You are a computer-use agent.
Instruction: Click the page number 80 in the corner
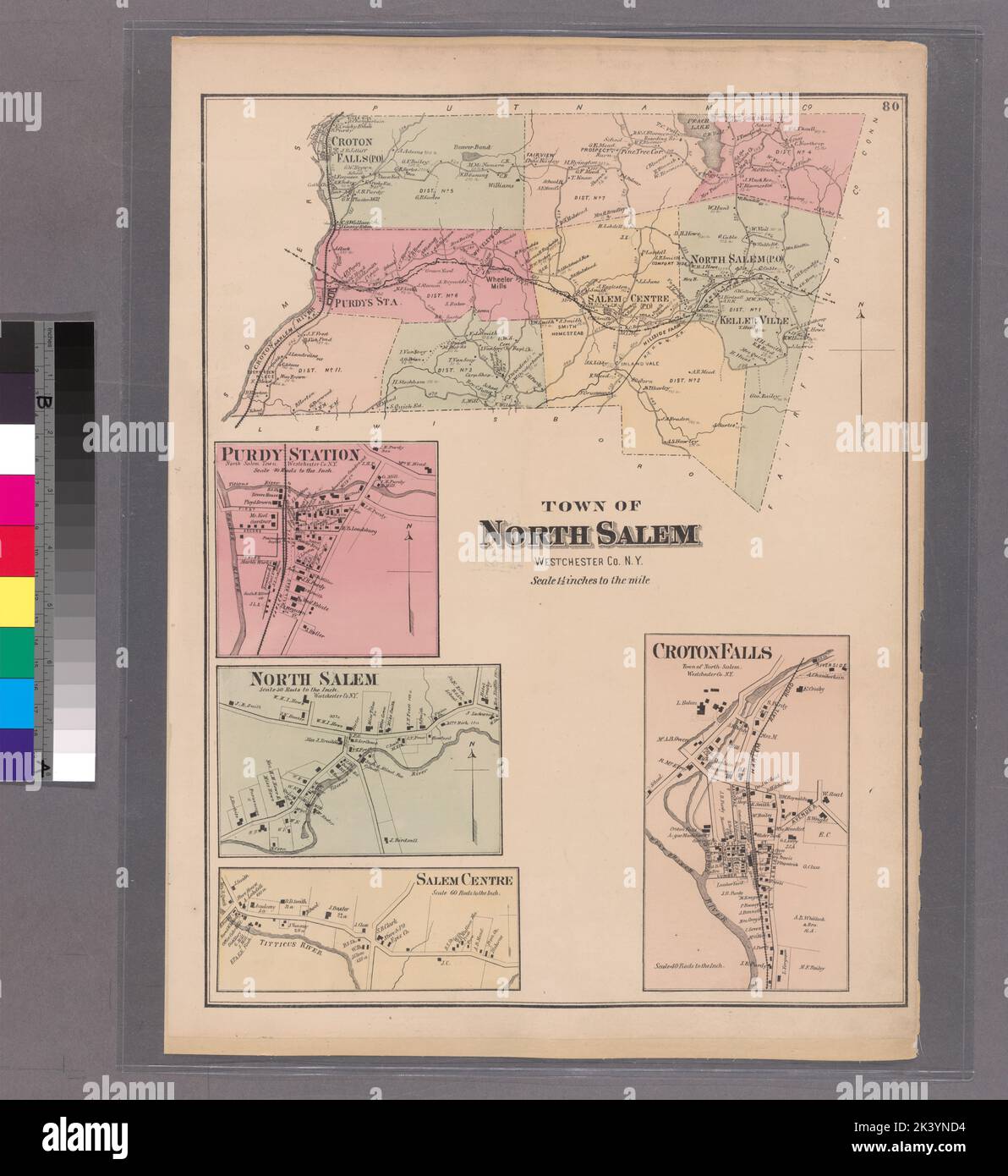point(888,107)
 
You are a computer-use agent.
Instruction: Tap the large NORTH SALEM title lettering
point(589,535)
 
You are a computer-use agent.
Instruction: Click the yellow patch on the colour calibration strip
point(17,599)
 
